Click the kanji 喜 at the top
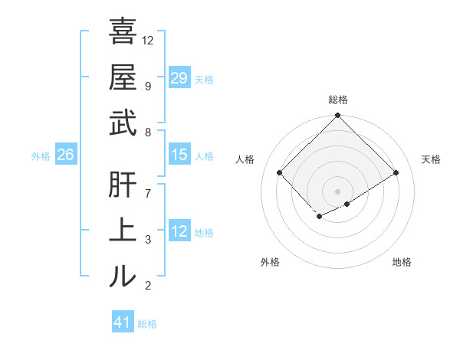123,32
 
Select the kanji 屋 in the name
123,77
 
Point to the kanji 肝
123,185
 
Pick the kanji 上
123,231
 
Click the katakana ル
123,276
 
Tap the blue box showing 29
179,78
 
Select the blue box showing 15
179,155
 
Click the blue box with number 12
179,231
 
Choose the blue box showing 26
65,155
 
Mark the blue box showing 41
123,322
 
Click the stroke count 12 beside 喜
148,40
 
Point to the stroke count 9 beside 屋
147,86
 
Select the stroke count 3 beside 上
147,240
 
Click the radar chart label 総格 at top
338,100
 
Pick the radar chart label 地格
402,262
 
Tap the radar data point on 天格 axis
396,172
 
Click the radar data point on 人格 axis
280,172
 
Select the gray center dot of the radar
337,191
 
